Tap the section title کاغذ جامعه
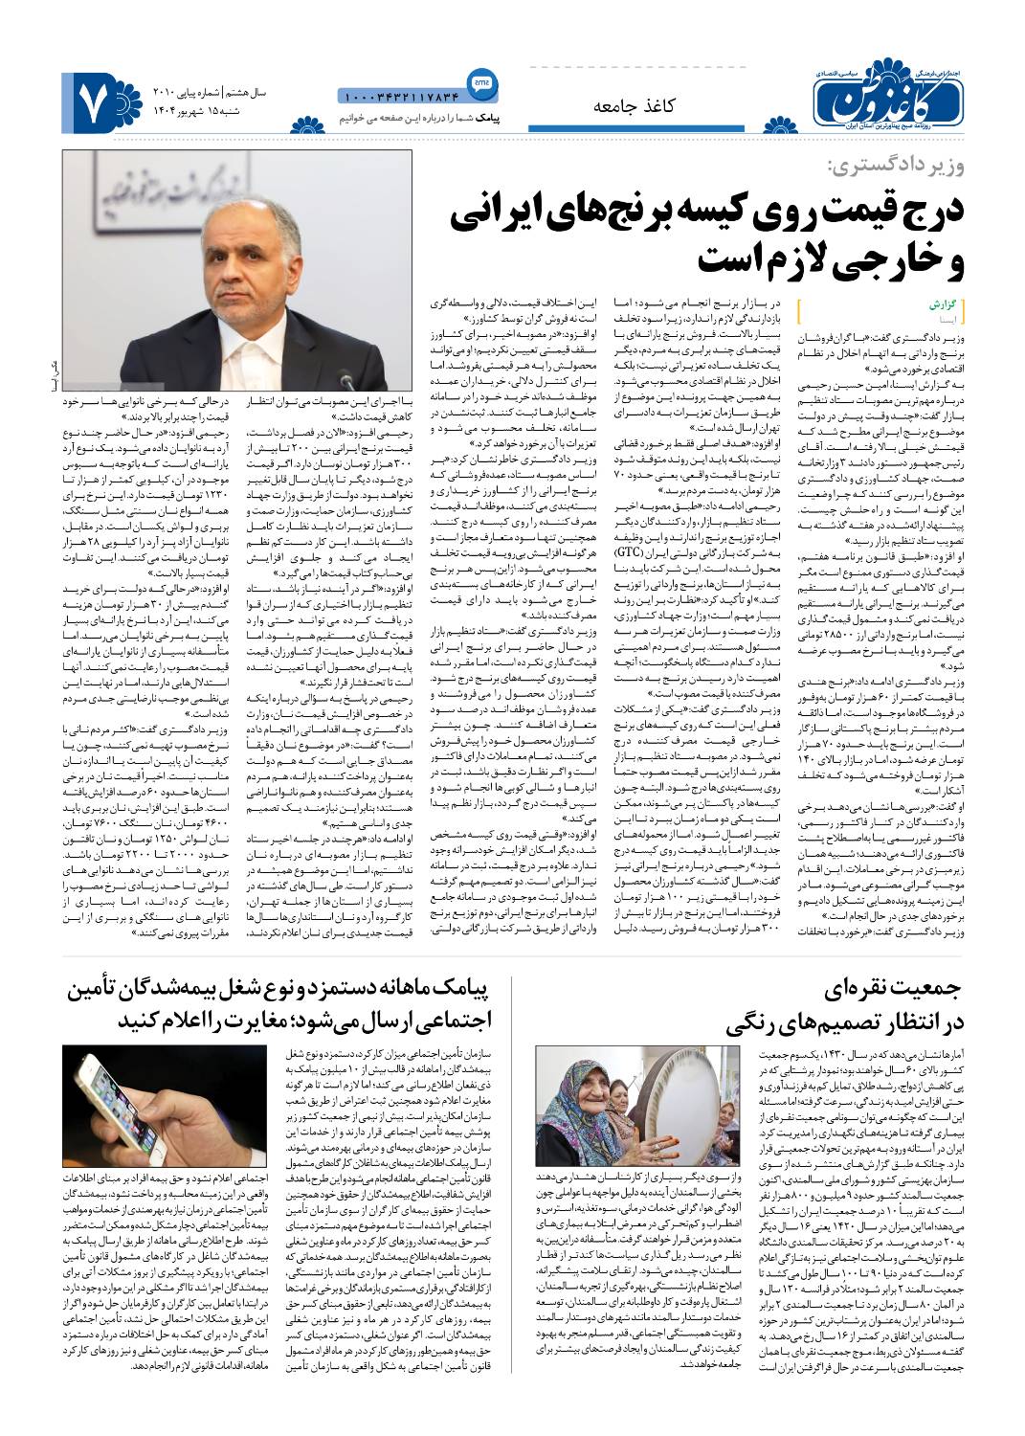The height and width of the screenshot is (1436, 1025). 634,105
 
